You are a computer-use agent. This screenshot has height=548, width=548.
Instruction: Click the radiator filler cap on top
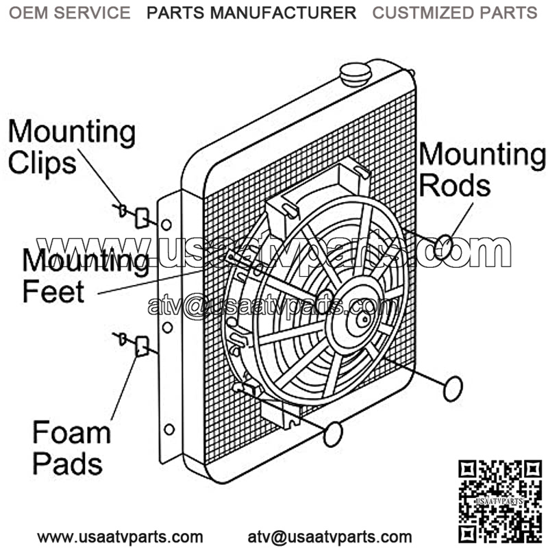pos(356,73)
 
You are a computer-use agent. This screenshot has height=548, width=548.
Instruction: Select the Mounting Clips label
pos(71,147)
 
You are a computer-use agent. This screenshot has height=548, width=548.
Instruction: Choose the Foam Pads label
pos(71,449)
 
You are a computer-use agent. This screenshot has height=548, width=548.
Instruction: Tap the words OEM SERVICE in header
pos(69,12)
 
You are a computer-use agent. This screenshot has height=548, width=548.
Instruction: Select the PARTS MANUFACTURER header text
pos(251,12)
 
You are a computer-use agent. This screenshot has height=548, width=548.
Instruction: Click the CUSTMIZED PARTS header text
pos(454,12)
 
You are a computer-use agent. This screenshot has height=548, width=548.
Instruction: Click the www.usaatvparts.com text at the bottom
pos(120,536)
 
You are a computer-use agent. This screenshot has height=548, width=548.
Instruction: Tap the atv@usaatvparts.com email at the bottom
pos(329,536)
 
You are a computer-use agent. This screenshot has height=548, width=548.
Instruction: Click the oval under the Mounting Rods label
pos(444,245)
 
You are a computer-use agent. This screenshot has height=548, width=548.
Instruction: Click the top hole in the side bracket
pos(166,224)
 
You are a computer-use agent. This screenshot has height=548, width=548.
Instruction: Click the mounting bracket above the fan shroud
pos(284,208)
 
